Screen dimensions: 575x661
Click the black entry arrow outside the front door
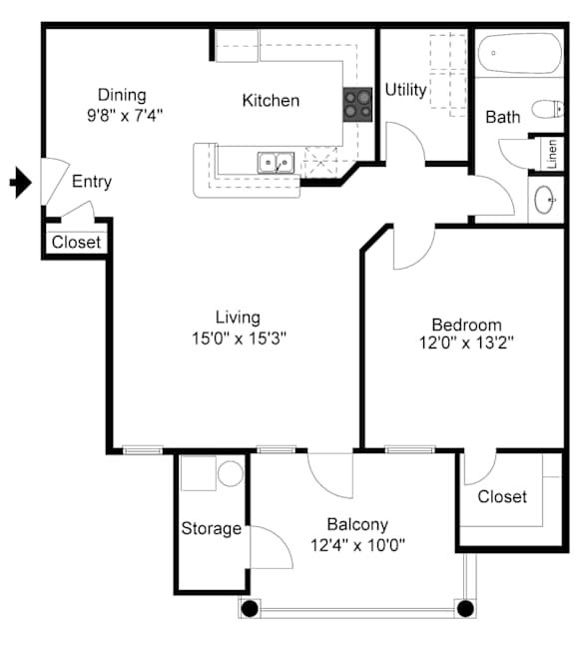point(21,183)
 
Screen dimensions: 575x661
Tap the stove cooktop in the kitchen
point(357,105)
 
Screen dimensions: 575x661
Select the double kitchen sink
point(277,163)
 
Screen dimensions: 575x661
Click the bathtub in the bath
point(520,54)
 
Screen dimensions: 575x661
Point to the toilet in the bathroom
point(548,109)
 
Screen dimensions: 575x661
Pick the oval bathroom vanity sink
point(545,200)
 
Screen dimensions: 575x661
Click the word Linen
point(551,155)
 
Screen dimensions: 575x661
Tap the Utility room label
point(405,90)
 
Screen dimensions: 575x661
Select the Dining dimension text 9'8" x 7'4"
point(125,115)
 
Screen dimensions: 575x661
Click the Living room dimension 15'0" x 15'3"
point(239,338)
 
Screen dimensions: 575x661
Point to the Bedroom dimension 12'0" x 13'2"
point(466,342)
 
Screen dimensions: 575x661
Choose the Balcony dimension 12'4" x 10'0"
point(357,545)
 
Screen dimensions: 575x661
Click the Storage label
point(212,528)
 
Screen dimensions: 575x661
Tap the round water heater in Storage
point(231,473)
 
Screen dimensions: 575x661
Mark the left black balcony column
point(250,608)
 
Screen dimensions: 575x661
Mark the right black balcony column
point(465,608)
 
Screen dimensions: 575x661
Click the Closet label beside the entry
point(76,243)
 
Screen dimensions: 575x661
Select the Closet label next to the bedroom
point(502,496)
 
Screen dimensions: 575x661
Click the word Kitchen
point(271,101)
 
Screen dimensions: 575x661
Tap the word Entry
point(92,182)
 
